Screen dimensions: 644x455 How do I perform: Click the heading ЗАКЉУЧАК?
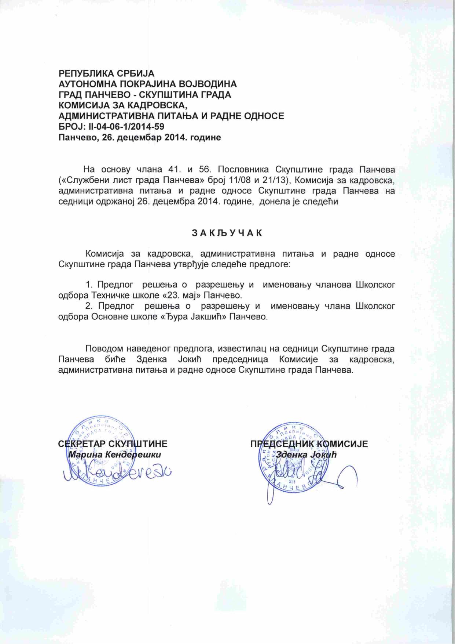coord(227,233)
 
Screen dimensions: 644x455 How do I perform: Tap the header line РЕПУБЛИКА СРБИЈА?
coord(107,73)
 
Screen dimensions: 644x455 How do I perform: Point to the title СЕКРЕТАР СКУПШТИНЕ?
coord(113,444)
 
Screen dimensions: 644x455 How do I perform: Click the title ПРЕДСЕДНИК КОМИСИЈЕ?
coord(309,444)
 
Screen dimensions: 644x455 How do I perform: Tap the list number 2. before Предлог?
coord(89,306)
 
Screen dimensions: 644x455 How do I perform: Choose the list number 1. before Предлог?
coord(89,285)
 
